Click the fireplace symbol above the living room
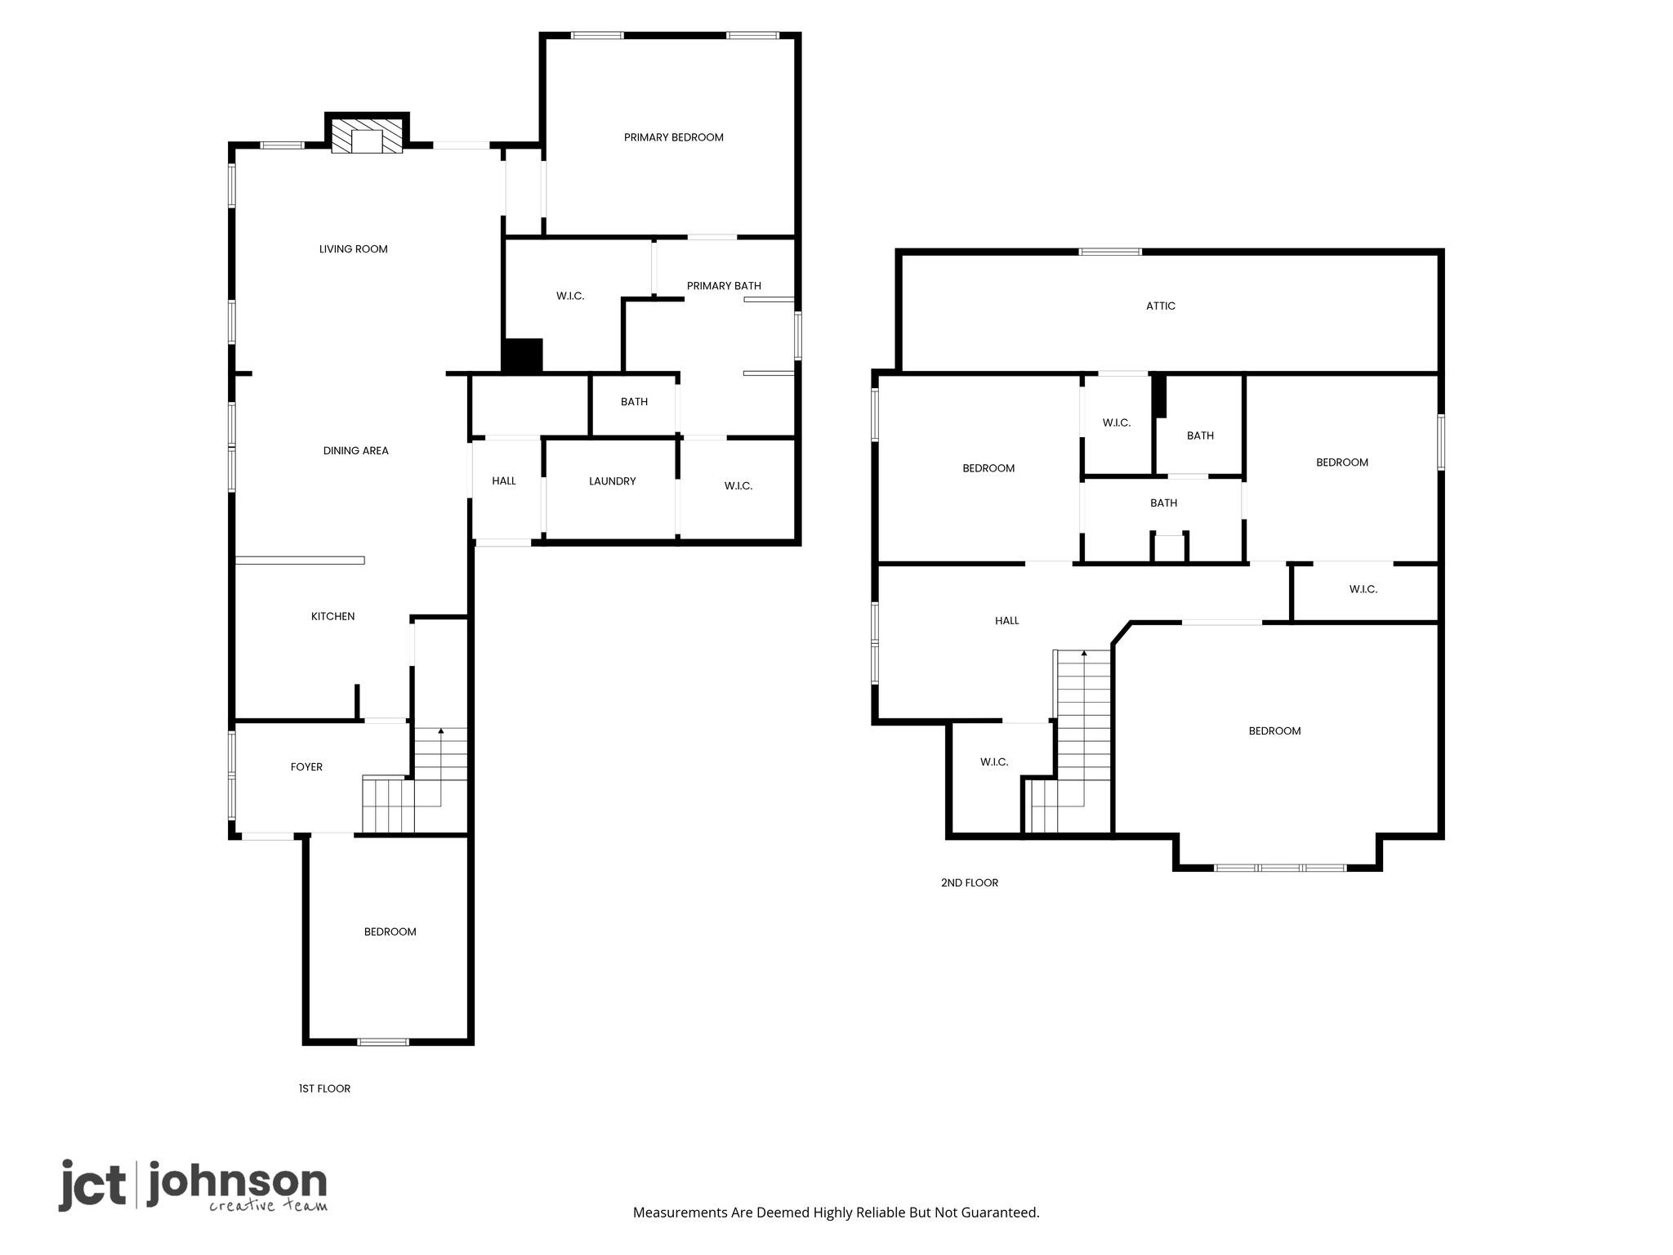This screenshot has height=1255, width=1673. pos(367,136)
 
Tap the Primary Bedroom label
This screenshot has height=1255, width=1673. pos(673,137)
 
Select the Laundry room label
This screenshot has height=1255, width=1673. pos(612,481)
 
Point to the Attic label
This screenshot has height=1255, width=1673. pos(1160,306)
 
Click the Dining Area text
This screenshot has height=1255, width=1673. pos(355,450)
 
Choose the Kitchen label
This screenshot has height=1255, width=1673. pos(332,616)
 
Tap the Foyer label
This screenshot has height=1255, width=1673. pos(306,766)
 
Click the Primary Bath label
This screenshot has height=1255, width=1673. pos(724,285)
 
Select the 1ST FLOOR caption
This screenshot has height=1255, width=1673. pos(324,1088)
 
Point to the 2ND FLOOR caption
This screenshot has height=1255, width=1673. pos(970,882)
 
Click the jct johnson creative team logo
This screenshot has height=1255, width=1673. pos(193,1185)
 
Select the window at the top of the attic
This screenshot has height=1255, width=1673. pos(1110,252)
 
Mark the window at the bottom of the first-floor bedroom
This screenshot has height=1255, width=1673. pos(383,1041)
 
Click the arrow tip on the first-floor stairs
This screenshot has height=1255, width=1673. pos(441,730)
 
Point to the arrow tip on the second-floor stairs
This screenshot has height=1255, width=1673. pos(1084,653)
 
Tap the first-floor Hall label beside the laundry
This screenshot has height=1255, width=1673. pos(504,481)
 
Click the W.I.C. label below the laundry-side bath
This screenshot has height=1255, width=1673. pos(738,486)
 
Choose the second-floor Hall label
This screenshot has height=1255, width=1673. pos(1006,620)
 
